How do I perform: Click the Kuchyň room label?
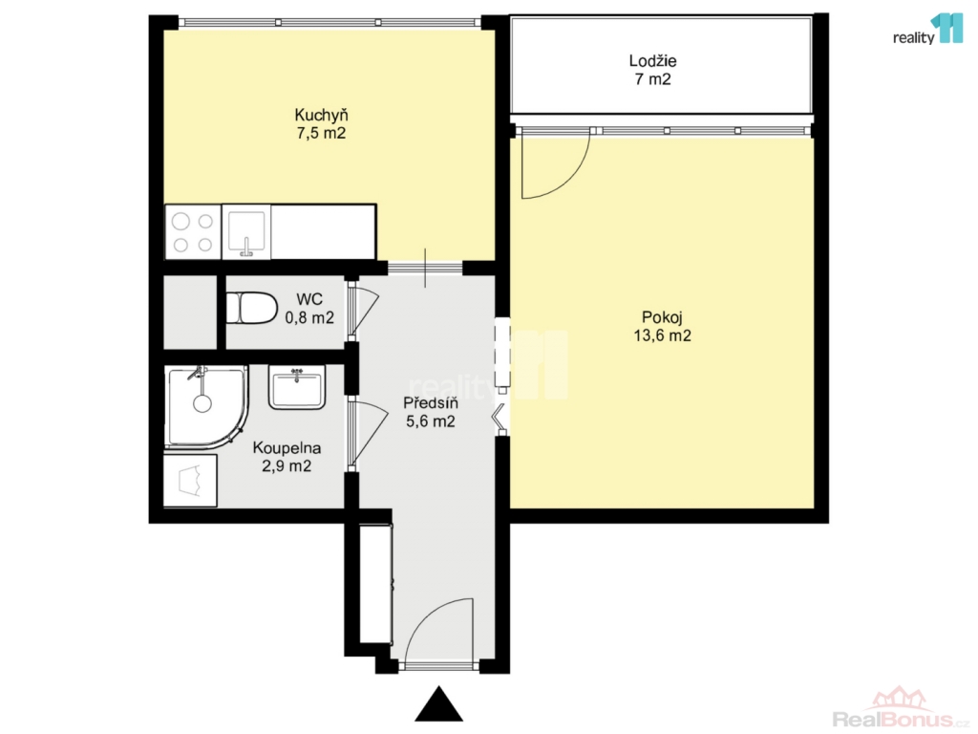321,116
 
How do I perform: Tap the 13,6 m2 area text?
663,335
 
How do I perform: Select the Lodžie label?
652,61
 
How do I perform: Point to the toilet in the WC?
251,309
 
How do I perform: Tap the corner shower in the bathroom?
206,407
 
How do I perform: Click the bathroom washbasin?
297,387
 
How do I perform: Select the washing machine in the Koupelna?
190,481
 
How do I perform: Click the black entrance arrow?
439,704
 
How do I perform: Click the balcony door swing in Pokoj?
555,165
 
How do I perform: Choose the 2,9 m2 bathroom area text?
287,466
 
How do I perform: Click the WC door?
362,310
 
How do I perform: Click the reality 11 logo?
928,30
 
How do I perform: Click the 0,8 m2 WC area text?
309,317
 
